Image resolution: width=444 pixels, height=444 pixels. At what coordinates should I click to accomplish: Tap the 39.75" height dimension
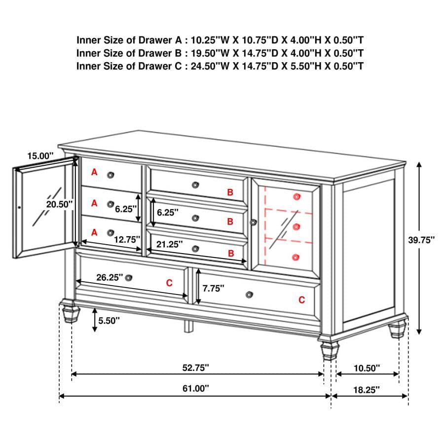coord(421,240)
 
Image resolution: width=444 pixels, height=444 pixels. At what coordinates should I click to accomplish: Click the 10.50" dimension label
coord(367,368)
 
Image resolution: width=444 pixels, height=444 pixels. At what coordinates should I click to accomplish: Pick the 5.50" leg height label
coord(109,320)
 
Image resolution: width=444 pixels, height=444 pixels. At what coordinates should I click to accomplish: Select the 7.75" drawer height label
coord(213,288)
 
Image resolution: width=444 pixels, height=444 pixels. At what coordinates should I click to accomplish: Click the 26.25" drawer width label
coord(110,277)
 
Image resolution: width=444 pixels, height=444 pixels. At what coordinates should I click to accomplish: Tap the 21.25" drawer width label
coord(170,244)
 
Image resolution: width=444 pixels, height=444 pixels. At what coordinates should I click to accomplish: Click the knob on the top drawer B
coord(196,185)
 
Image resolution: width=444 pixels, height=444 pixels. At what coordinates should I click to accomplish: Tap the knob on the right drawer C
coord(249,295)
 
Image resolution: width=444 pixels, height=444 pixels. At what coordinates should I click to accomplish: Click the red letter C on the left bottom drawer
coord(169,283)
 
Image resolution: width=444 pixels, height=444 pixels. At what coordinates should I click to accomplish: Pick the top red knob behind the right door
coord(296,196)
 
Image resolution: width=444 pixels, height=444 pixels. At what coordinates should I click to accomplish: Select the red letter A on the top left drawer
coord(94,172)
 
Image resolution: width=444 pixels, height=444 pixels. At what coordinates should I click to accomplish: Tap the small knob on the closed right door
coord(254,222)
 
